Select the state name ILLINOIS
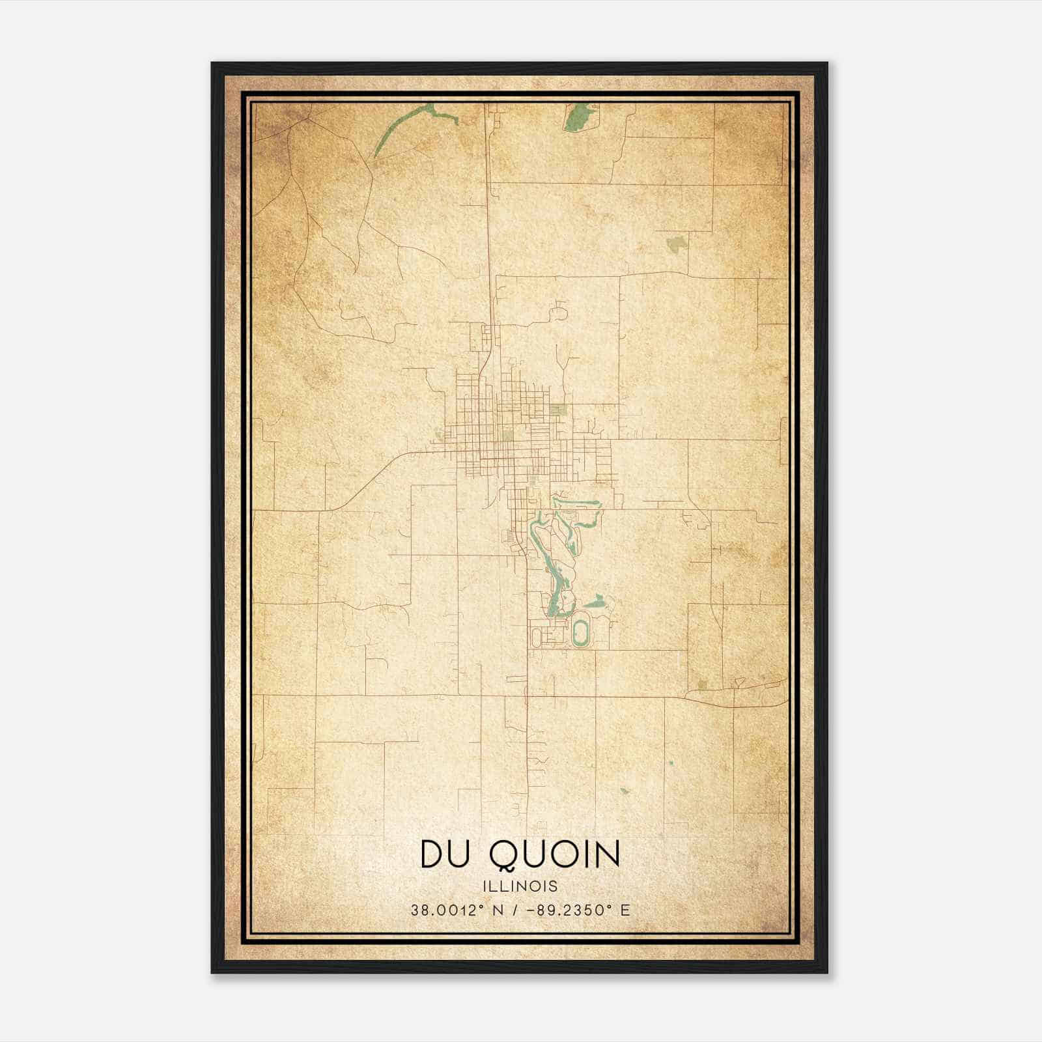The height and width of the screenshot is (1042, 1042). tap(520, 886)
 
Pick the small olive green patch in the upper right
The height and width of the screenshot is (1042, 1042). tap(676, 244)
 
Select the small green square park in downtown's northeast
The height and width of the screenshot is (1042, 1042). tap(557, 409)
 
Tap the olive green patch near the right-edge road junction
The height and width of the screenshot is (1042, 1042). tap(701, 684)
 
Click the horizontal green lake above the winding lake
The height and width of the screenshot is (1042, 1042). tap(576, 503)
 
